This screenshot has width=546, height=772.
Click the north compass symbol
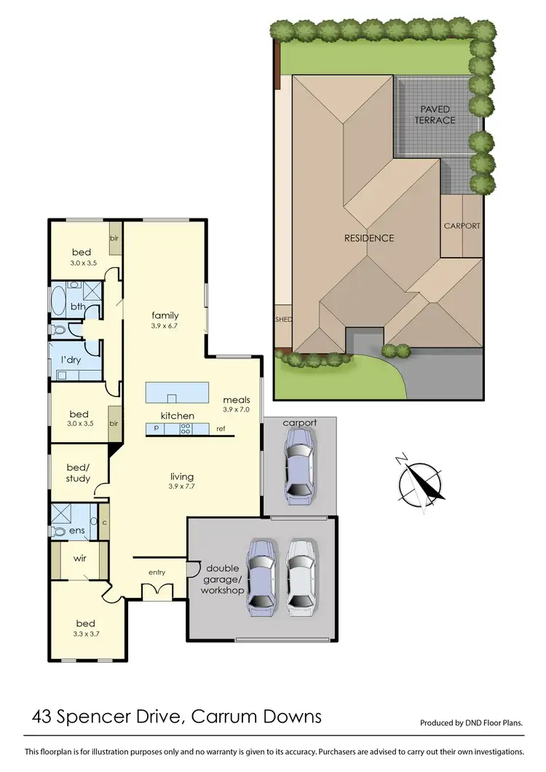[421, 481]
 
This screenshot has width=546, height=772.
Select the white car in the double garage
[301, 575]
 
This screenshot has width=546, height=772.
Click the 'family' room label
[165, 315]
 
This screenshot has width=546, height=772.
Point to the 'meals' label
[237, 399]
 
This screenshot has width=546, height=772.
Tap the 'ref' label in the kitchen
[221, 429]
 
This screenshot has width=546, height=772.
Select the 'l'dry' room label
[70, 361]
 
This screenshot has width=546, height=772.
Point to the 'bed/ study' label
[78, 472]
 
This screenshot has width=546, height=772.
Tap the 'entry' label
[157, 572]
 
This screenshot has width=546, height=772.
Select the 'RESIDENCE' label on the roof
[369, 238]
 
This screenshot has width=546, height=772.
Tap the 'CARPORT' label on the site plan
[462, 226]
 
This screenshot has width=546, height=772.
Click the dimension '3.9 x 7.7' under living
[183, 486]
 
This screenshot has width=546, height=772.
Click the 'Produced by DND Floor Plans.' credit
[472, 723]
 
